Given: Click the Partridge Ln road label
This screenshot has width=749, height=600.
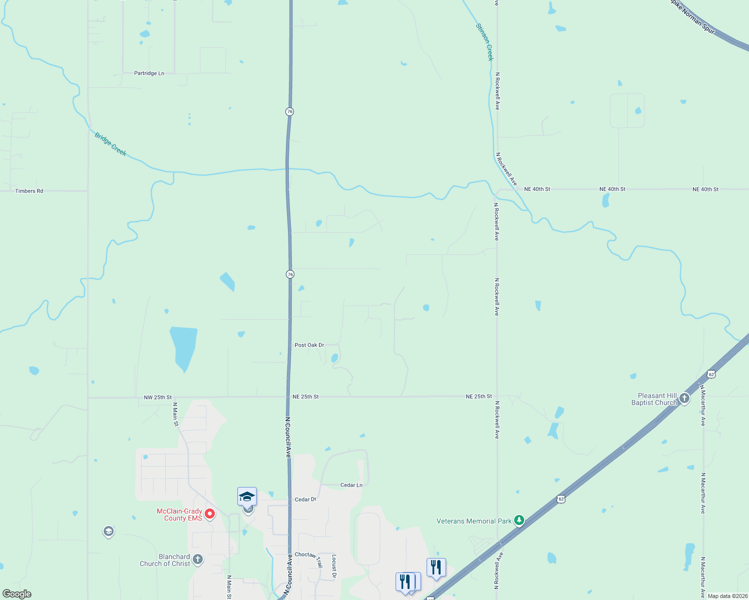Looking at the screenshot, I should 149,73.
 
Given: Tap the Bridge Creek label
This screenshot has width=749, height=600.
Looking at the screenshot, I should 111,144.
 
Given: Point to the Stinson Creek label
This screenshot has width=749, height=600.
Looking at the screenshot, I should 485,42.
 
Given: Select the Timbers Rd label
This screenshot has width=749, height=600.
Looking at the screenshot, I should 29,191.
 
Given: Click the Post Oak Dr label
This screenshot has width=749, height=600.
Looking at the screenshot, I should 309,345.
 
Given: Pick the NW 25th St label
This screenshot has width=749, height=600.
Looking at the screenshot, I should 158,397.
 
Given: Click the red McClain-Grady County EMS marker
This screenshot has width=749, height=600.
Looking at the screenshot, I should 210,513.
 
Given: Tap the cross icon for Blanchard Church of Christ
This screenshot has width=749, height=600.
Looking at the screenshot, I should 198,559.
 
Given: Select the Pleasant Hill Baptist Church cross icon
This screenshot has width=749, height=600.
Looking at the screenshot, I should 684,398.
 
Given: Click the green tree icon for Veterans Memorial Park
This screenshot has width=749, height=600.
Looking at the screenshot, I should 519,520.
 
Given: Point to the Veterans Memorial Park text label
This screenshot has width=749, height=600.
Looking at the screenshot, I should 474,521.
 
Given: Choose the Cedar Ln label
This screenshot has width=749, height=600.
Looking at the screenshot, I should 351,485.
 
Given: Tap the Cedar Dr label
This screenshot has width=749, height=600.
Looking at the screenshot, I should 305,499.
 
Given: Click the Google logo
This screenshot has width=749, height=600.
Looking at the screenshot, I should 17,594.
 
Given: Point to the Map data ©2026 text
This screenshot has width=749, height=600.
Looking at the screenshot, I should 727,596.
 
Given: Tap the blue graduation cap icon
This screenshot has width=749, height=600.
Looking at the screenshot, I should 247,496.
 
